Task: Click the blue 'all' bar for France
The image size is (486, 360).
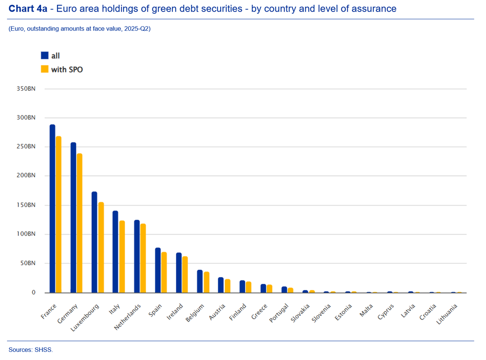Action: (52, 208)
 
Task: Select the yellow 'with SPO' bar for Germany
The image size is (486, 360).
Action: (80, 223)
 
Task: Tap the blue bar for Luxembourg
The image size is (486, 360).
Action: (94, 242)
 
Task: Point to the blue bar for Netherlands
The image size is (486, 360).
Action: (137, 256)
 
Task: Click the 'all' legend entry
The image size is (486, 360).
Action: (55, 56)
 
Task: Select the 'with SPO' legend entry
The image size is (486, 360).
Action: (67, 69)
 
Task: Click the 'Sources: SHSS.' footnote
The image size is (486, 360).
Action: (31, 350)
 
